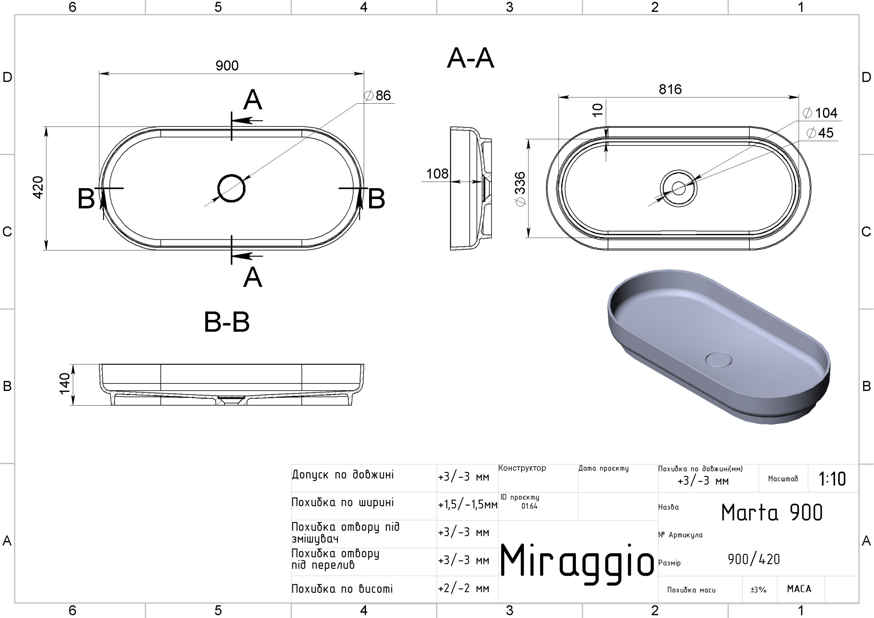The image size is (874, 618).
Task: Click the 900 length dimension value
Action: (227, 66)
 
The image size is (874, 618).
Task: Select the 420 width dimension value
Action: (38, 187)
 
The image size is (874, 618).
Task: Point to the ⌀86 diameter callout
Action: (377, 95)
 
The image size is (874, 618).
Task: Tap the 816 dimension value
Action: (670, 89)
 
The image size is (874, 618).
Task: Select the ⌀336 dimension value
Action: (520, 189)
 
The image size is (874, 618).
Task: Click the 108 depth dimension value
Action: (437, 174)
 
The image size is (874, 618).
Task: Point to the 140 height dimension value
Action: (65, 384)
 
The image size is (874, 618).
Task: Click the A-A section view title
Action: (470, 58)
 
